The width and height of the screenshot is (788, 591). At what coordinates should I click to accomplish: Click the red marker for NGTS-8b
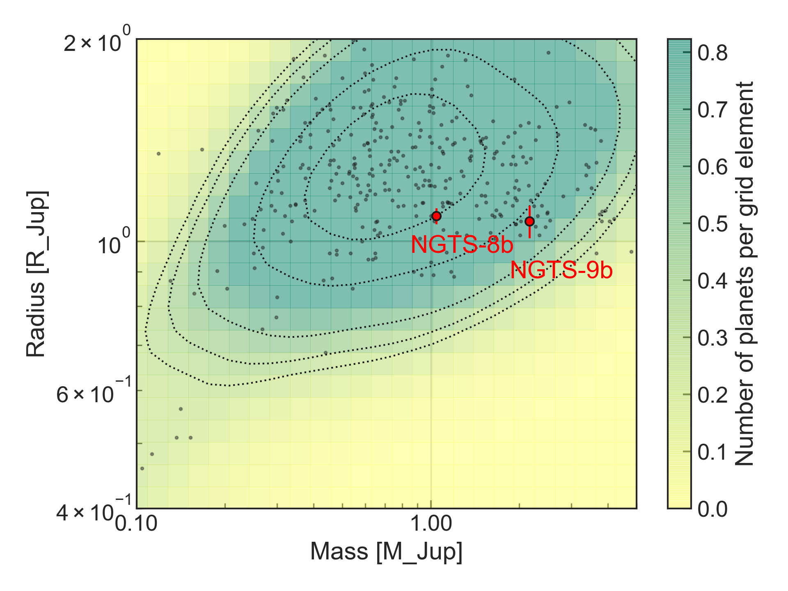(x=436, y=216)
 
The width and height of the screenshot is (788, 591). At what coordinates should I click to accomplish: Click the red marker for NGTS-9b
(x=529, y=222)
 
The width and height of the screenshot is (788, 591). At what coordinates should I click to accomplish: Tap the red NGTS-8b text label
(x=462, y=245)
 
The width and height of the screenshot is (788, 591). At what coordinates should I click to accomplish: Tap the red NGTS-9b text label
(x=561, y=271)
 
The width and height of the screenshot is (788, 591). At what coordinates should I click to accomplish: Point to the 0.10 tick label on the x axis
(x=136, y=524)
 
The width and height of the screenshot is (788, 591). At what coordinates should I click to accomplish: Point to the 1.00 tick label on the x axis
(x=431, y=524)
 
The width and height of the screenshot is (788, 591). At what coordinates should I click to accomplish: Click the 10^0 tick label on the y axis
(x=113, y=244)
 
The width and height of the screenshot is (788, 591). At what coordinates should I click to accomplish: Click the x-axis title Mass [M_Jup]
(x=386, y=552)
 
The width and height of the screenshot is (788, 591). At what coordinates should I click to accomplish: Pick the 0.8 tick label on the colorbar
(x=712, y=53)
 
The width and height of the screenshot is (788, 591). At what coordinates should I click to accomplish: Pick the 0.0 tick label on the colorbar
(x=712, y=509)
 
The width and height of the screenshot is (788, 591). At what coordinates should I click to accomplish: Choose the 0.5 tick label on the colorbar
(x=712, y=224)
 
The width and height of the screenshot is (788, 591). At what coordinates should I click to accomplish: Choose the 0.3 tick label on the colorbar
(x=712, y=338)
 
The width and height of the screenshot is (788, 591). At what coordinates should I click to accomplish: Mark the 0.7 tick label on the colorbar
(x=712, y=110)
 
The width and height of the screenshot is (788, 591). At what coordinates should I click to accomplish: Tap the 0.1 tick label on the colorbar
(x=712, y=452)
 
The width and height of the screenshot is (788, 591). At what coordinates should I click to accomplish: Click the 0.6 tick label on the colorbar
(x=712, y=167)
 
